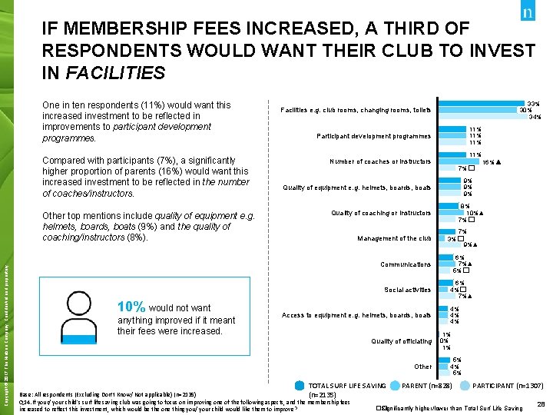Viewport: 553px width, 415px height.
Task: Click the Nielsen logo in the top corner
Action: point(528,14)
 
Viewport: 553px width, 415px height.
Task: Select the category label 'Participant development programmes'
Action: point(374,136)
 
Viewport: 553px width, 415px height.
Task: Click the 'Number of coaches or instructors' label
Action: point(380,161)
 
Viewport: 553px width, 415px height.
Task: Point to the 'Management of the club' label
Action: point(394,238)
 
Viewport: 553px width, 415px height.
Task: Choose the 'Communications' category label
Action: point(406,264)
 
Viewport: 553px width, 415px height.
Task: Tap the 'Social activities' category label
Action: point(408,290)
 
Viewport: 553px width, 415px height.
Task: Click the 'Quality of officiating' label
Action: point(401,341)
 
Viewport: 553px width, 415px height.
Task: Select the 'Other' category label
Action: point(423,367)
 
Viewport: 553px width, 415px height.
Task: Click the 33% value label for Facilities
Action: point(532,103)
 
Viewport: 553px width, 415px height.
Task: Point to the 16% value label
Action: point(488,162)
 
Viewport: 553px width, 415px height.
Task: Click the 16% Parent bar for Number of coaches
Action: point(457,162)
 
